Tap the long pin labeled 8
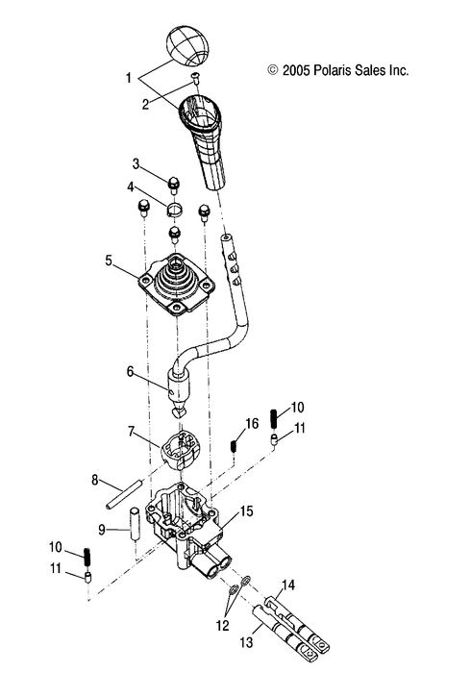point(124,494)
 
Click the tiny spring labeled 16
point(234,447)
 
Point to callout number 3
point(136,163)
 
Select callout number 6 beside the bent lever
point(130,369)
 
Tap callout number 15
point(247,511)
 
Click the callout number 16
point(252,423)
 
